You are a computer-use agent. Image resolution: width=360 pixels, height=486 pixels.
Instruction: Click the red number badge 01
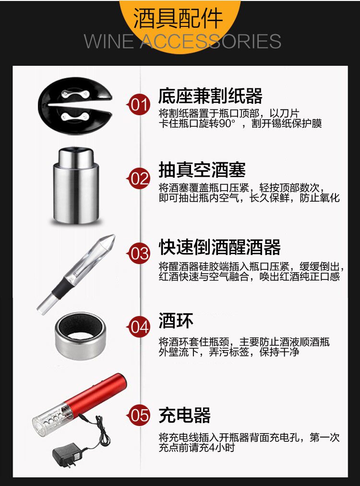tap(139, 105)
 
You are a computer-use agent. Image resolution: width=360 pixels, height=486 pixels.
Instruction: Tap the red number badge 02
tap(139, 178)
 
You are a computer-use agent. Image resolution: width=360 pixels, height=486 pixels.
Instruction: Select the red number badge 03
tap(139, 253)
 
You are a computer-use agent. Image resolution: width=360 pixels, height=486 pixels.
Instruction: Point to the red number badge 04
tap(139, 327)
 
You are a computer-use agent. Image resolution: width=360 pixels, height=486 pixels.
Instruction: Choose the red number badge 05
tap(139, 415)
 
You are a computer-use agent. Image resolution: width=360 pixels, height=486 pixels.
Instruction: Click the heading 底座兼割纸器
tap(210, 96)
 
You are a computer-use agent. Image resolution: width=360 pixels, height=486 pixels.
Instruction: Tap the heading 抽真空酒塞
tap(202, 170)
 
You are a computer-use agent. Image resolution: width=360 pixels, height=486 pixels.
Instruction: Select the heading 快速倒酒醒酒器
tap(219, 247)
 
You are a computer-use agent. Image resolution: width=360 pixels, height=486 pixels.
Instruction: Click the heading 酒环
tap(176, 320)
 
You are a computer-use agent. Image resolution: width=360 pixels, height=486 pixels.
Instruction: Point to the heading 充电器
tap(185, 415)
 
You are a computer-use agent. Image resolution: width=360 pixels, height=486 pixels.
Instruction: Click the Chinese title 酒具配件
tap(178, 18)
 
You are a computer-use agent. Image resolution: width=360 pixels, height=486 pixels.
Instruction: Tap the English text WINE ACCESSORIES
tap(182, 41)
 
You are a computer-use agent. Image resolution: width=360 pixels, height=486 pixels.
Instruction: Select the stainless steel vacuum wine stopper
tap(76, 186)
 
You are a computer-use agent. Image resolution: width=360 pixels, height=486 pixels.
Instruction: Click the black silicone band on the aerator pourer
tap(62, 288)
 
